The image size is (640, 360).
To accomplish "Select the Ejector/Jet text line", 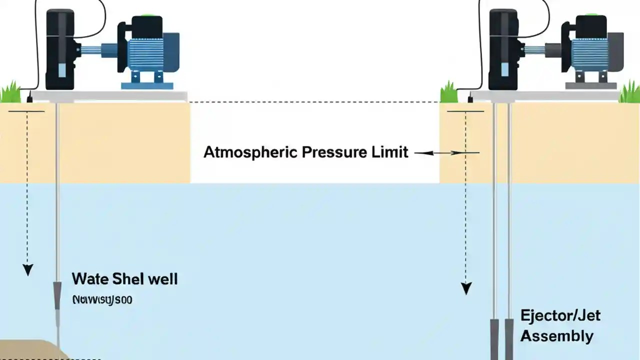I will [x=560, y=315].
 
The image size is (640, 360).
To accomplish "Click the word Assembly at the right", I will [x=556, y=336].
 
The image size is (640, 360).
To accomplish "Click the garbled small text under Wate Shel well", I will [x=102, y=300].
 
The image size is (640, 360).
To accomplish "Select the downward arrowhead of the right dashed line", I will [x=466, y=289].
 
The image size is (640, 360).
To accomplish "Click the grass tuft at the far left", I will [x=10, y=93].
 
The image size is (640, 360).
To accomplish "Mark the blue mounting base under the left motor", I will [x=147, y=85].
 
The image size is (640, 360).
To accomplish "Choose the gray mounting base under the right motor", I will [x=590, y=85].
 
